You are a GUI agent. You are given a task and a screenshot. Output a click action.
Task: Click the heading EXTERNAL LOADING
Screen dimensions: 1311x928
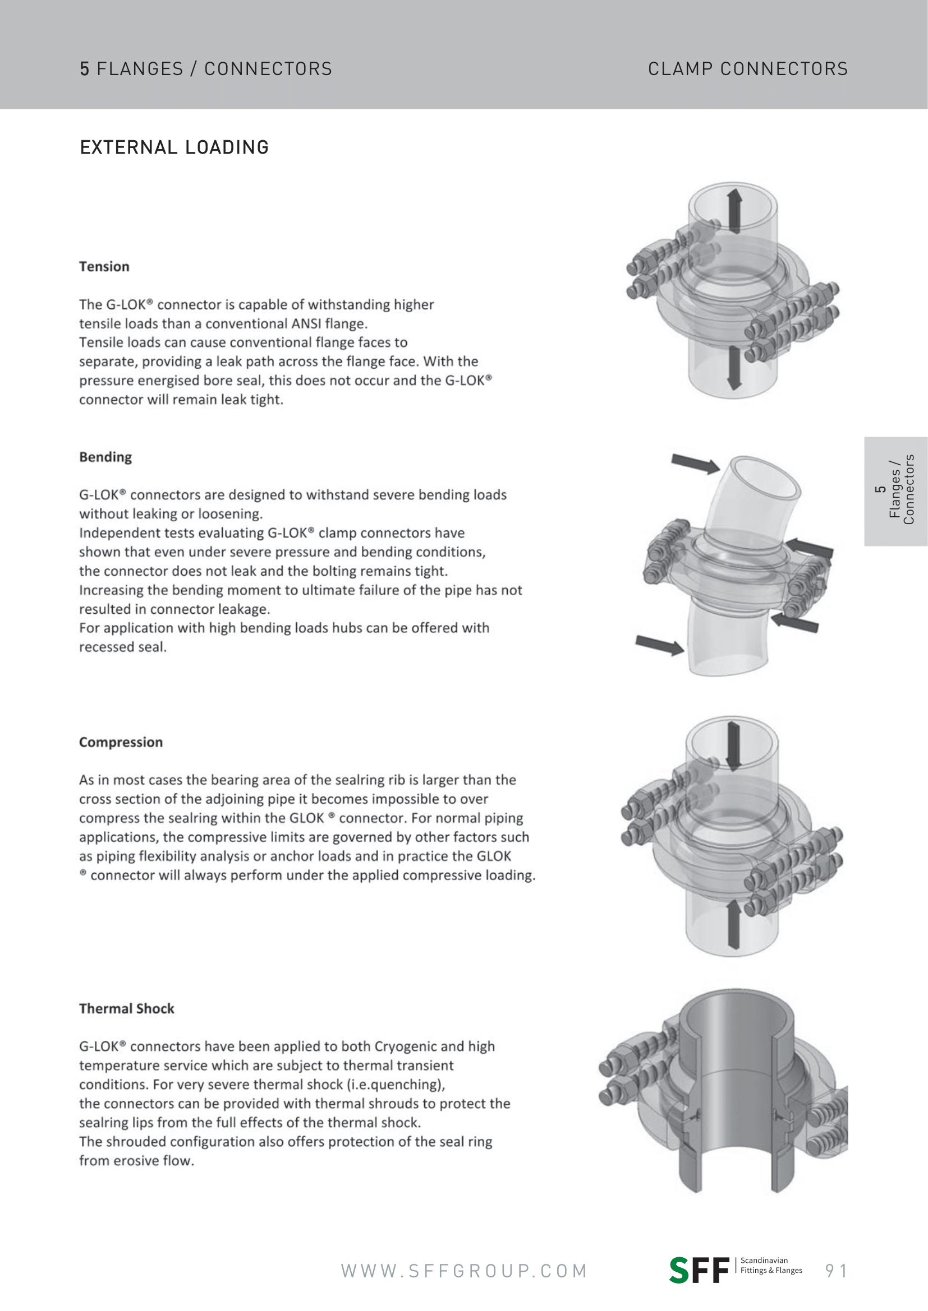coord(174,147)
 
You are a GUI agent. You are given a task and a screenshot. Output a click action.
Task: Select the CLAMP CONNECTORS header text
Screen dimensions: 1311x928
coord(747,69)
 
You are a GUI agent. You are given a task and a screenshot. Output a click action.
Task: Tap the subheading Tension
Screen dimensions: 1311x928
coord(104,267)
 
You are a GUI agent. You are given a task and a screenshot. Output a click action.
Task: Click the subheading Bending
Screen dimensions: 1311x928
coord(105,457)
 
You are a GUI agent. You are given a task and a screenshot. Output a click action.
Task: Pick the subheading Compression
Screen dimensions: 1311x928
coord(121,742)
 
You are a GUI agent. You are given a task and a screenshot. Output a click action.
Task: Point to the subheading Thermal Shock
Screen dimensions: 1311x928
coord(126,1008)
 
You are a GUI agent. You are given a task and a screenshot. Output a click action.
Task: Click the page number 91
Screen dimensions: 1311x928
coord(836,1271)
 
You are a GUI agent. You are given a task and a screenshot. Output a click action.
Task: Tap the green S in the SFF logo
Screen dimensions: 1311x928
coord(679,1271)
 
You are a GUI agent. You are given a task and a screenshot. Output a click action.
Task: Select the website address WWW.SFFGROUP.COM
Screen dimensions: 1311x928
coord(464,1271)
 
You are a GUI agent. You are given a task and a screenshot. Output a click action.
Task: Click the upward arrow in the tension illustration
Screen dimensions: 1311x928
coord(734,211)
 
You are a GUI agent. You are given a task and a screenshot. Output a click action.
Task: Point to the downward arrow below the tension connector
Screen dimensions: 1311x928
coord(734,368)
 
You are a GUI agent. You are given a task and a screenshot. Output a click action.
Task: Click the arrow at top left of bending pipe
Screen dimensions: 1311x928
coord(695,464)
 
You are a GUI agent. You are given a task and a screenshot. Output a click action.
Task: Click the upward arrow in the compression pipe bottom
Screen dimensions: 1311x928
coord(734,924)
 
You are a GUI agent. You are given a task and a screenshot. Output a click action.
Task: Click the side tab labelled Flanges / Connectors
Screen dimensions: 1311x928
coord(895,490)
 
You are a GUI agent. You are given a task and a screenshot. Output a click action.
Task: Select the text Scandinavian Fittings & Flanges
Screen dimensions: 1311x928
coord(771,1266)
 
